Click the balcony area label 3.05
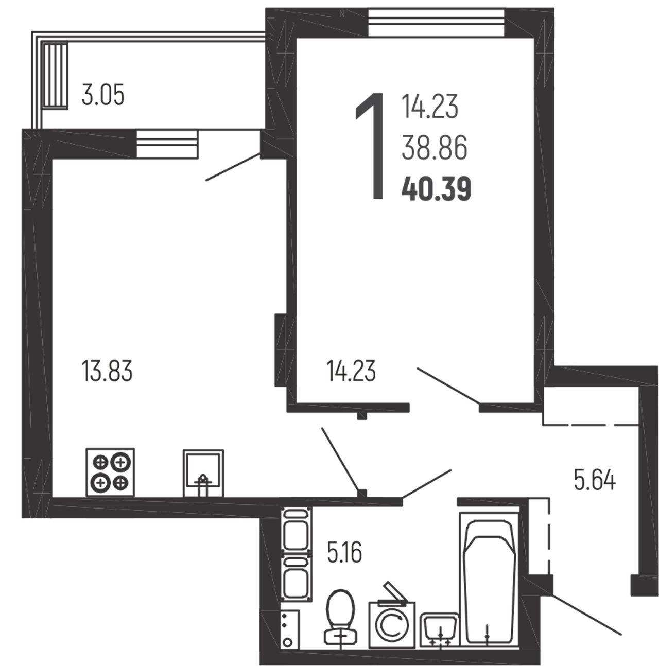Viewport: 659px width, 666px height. [x=102, y=94]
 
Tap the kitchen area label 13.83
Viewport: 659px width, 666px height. [x=107, y=371]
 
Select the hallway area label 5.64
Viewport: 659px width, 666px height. [x=595, y=480]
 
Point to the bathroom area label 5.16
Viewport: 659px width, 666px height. [x=344, y=552]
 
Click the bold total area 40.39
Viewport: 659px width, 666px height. [x=436, y=189]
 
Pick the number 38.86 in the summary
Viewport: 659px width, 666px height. [x=434, y=148]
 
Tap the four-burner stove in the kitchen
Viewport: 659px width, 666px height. [x=110, y=472]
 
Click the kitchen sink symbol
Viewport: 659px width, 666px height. [x=203, y=473]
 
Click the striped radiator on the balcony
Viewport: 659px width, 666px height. [x=55, y=76]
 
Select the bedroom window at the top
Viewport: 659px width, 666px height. [x=437, y=23]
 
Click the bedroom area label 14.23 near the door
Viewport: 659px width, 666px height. [x=351, y=371]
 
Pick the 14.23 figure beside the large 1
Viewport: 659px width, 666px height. [x=430, y=106]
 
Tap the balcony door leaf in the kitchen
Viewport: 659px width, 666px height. [x=233, y=167]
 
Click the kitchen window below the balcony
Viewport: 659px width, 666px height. [x=167, y=144]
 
